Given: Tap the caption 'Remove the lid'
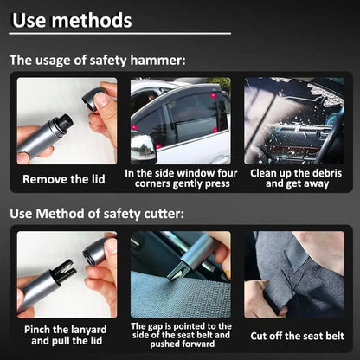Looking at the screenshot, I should point(67,179).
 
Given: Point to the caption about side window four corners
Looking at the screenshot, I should point(180,178).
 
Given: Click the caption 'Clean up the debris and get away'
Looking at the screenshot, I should point(293,178).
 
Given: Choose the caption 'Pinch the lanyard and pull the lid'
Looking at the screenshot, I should point(67,336).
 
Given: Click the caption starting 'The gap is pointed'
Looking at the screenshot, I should point(180,336).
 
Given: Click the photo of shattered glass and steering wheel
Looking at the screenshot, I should point(293,121).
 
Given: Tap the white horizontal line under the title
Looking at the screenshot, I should point(121,35).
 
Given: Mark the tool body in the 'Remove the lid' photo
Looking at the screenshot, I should point(48,134).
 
